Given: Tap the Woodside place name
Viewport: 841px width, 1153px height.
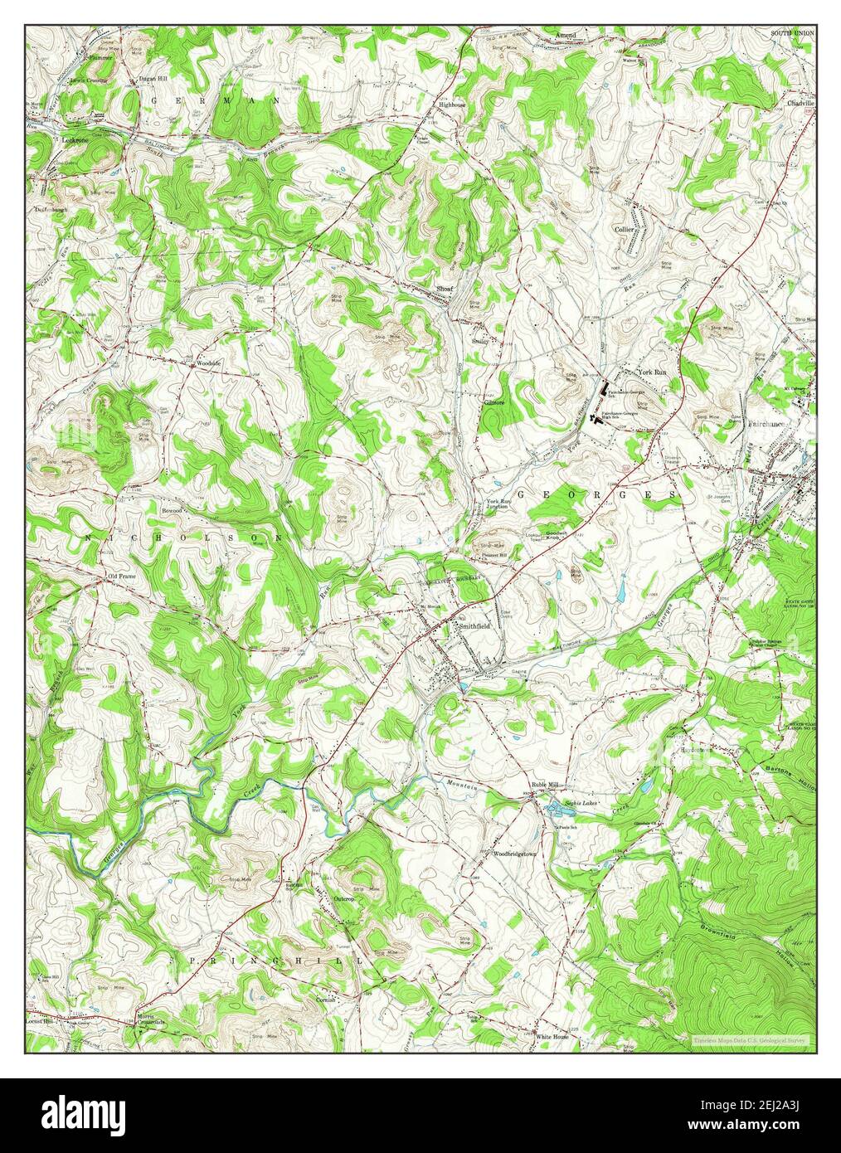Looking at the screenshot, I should point(207,363).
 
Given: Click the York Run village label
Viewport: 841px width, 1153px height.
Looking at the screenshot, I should point(652,373).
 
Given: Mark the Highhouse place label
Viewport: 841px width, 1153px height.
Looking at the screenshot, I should point(453,105).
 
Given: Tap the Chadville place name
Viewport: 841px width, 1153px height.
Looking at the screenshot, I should point(802,104).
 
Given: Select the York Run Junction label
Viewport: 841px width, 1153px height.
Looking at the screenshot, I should point(501,504).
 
